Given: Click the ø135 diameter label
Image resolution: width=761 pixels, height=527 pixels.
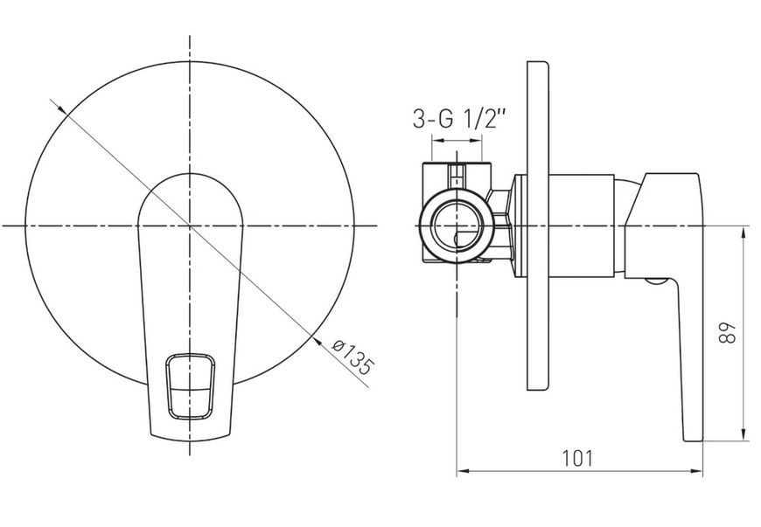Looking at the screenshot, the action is click(x=353, y=357).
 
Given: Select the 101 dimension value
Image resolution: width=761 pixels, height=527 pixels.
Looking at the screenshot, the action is click(x=577, y=458).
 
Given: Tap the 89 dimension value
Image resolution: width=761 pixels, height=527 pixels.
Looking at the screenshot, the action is click(x=727, y=333).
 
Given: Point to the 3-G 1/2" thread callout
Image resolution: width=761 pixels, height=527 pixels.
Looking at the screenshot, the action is click(x=459, y=118).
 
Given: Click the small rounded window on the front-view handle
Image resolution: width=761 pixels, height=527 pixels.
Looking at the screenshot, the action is click(x=191, y=386).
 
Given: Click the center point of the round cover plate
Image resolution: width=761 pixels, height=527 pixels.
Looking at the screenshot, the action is click(x=190, y=226).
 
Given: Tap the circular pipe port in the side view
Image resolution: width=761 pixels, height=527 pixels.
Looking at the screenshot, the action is click(x=457, y=226).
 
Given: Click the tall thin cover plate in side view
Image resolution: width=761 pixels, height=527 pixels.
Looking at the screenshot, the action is click(x=538, y=225).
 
